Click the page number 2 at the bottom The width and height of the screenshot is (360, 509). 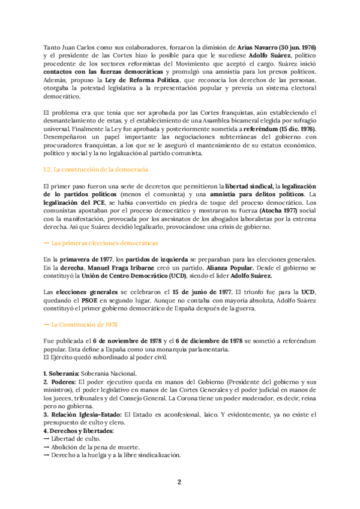click(179, 482)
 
